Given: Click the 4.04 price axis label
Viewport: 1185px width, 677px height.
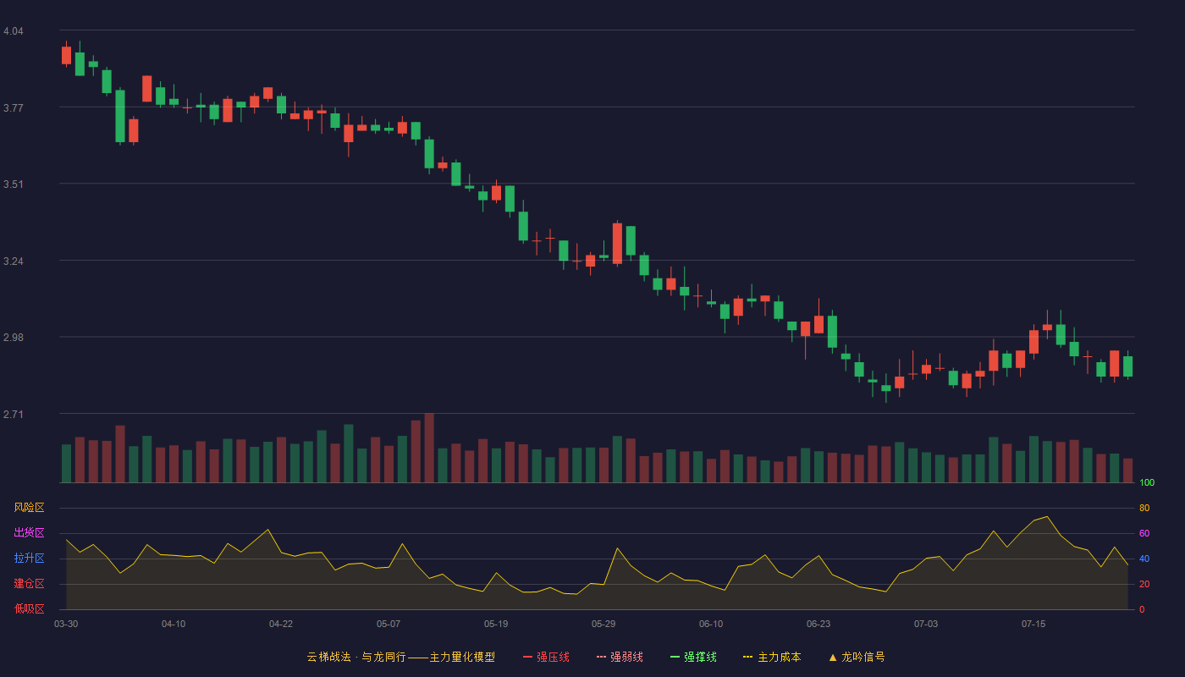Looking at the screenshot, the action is click(x=14, y=31).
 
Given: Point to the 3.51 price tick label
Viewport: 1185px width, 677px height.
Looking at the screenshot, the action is click(x=14, y=184).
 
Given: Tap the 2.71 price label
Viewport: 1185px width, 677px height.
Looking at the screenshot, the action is click(x=14, y=414).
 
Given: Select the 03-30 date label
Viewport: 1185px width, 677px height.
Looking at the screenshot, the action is click(x=66, y=625).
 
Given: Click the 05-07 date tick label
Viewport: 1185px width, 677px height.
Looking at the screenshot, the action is click(x=389, y=625).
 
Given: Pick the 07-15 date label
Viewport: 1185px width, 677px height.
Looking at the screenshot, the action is click(x=1033, y=625).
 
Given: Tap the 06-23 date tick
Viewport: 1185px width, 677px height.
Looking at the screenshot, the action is click(x=818, y=625).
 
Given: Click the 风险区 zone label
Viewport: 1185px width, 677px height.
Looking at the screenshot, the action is click(x=29, y=508).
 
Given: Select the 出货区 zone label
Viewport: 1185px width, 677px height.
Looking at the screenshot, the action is click(x=29, y=532).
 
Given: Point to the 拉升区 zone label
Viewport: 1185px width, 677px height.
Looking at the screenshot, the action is click(x=29, y=558).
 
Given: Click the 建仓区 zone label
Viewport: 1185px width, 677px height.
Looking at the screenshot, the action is click(x=29, y=583).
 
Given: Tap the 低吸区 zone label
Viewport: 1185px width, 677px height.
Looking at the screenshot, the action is click(x=29, y=608).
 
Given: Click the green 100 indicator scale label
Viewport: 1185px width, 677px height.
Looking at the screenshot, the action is click(x=1147, y=482).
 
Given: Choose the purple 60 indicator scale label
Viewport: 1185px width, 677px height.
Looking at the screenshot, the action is click(x=1144, y=533).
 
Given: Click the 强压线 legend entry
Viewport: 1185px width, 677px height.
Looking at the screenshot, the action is click(x=546, y=657).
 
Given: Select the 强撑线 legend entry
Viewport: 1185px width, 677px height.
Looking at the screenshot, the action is click(x=693, y=657).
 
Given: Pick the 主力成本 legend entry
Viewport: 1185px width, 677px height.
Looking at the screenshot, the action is click(x=772, y=657).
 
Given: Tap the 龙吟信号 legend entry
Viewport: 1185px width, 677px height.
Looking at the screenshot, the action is click(x=857, y=657).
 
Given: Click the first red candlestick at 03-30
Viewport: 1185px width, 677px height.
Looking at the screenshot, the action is click(x=66, y=55).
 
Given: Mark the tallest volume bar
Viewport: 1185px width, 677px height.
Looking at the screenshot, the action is click(x=429, y=448).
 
